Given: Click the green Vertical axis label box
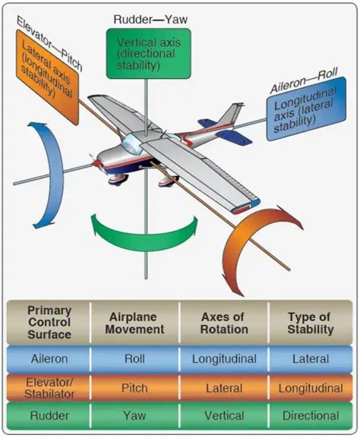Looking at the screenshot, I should pyautogui.click(x=148, y=54).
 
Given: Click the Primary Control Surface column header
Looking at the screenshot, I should pyautogui.click(x=49, y=323).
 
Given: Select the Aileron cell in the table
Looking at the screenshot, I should pyautogui.click(x=49, y=358).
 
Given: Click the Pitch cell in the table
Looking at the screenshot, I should pyautogui.click(x=135, y=388).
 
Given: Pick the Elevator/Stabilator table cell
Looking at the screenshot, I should pyautogui.click(x=49, y=388).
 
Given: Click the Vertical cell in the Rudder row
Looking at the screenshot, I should pyautogui.click(x=224, y=415).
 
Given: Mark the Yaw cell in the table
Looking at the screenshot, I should pyautogui.click(x=135, y=415).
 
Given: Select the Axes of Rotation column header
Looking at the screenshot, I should pyautogui.click(x=224, y=323).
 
